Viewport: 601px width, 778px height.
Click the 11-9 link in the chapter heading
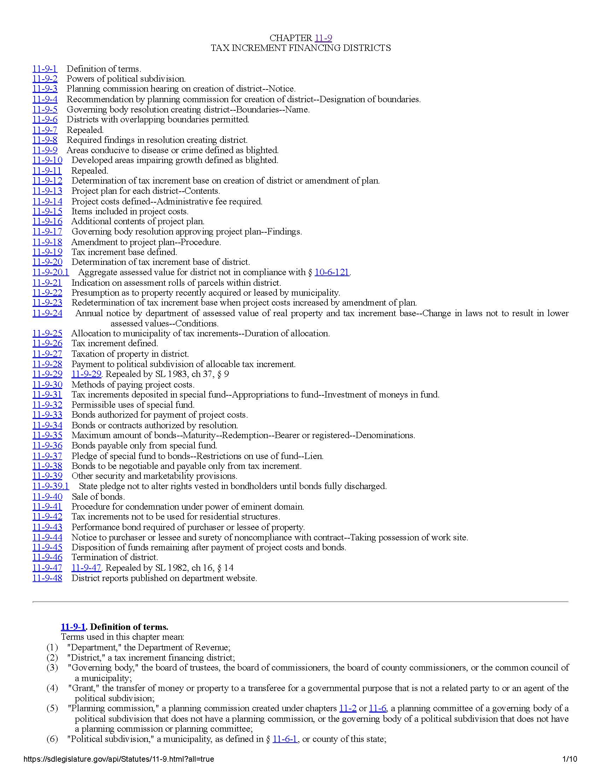[x=323, y=38]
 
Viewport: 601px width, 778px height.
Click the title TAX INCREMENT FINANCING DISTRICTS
[x=300, y=48]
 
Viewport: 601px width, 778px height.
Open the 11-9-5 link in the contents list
[x=45, y=109]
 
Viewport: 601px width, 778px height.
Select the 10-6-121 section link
[x=332, y=272]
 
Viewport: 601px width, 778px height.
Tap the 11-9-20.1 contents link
[x=51, y=272]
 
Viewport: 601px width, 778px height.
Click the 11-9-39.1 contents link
[x=51, y=486]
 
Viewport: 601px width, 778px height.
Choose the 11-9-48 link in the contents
[x=47, y=578]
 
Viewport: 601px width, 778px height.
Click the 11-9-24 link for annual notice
[x=47, y=313]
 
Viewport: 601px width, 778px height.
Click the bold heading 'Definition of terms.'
[x=129, y=627]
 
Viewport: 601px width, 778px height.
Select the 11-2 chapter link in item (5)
[x=348, y=708]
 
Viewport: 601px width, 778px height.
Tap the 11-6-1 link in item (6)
[x=285, y=739]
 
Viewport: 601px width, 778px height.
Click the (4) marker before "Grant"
[x=52, y=688]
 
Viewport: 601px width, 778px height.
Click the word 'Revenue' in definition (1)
[x=214, y=647]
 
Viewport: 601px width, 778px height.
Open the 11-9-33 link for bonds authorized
[x=47, y=415]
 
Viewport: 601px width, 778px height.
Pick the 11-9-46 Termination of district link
[x=47, y=557]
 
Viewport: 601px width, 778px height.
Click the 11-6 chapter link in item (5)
[x=378, y=708]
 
